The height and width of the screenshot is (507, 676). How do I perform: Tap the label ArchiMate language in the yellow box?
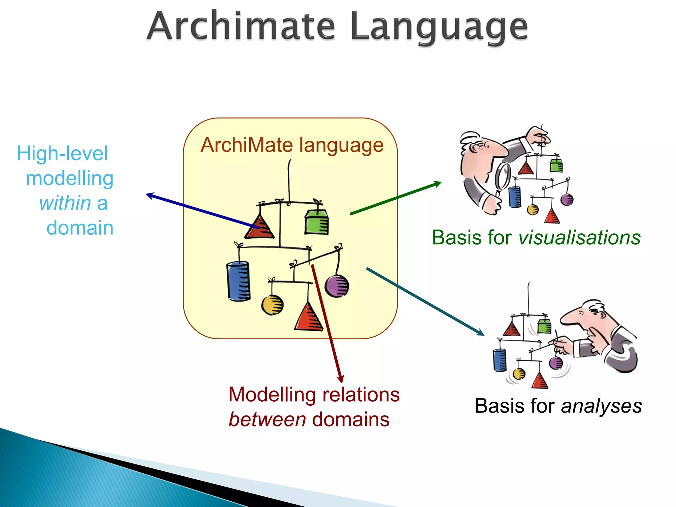pos(292,145)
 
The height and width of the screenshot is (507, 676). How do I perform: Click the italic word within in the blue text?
pos(65,203)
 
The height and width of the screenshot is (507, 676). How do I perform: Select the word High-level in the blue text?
pos(62,153)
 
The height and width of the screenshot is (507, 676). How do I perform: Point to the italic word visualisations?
pos(579,237)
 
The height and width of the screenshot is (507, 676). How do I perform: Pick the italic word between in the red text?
pos(267,420)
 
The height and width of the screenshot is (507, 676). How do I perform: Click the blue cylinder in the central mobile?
pos(238,281)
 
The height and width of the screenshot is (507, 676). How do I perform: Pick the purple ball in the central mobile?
pos(337,286)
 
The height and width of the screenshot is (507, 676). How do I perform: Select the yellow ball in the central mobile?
pos(272,305)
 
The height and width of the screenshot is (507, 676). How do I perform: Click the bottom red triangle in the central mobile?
pos(308,319)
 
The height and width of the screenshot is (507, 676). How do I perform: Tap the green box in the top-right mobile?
pos(556,165)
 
